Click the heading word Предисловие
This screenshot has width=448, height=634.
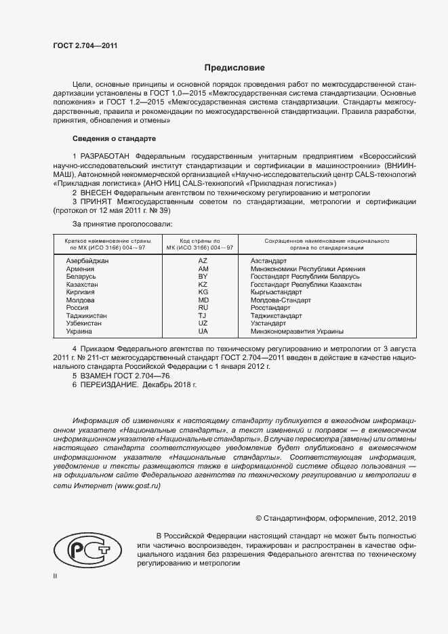click(x=235, y=68)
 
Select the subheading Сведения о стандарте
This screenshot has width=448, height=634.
click(x=114, y=138)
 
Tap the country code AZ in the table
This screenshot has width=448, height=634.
click(x=203, y=260)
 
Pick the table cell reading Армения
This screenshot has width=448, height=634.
click(x=81, y=269)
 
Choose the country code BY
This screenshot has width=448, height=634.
click(x=203, y=277)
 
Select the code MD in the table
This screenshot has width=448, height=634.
click(x=203, y=300)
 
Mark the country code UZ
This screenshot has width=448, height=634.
click(x=203, y=323)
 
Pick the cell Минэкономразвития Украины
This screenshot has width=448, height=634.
click(x=297, y=332)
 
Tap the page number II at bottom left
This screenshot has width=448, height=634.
click(x=56, y=575)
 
